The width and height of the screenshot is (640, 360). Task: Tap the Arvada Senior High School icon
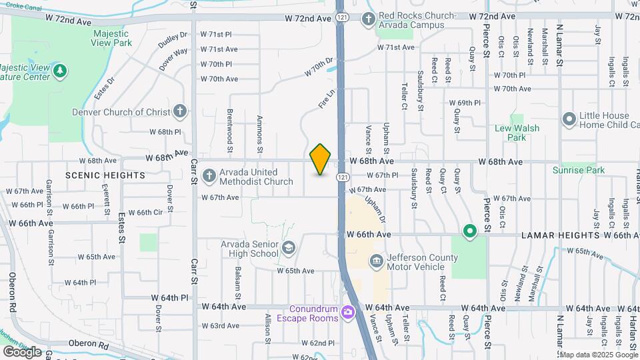click(288, 249)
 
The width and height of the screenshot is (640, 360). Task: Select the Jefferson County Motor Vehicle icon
click(375, 259)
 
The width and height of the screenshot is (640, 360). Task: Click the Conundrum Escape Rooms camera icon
click(347, 312)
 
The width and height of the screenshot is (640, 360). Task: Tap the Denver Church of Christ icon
click(179, 111)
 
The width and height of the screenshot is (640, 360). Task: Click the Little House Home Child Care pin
click(569, 119)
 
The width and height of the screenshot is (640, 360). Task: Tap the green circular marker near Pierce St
click(469, 231)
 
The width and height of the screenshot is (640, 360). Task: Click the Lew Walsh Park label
click(517, 133)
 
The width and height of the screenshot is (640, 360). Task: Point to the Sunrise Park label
click(579, 170)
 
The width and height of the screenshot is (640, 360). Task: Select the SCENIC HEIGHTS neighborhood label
click(105, 175)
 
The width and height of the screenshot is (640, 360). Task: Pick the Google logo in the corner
click(22, 351)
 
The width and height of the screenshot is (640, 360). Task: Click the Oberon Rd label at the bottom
click(89, 345)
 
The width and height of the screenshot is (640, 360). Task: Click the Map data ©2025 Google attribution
click(598, 354)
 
